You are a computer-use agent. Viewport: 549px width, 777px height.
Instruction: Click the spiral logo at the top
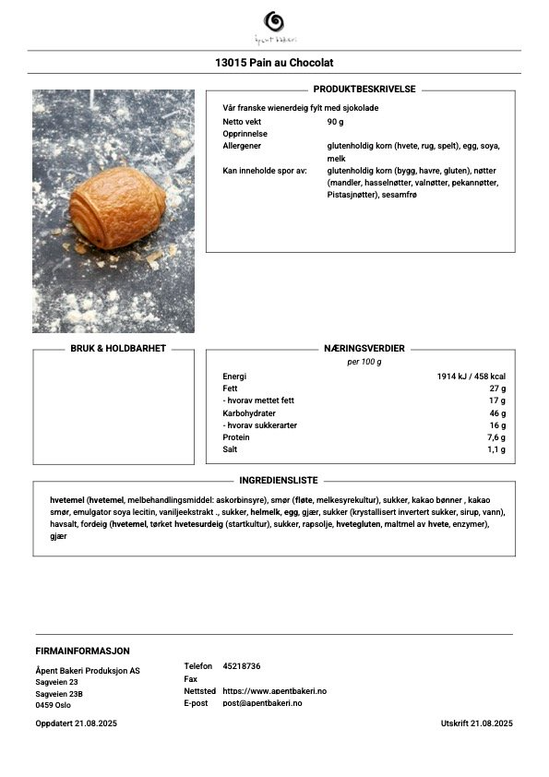[x=274, y=21]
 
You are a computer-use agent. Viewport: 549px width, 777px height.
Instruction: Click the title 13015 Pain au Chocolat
[x=274, y=63]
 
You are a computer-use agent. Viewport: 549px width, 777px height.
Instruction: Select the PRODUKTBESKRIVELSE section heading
[x=364, y=90]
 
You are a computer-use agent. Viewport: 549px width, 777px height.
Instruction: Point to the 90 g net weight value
[x=335, y=122]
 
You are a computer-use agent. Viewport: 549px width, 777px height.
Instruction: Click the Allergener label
[x=242, y=146]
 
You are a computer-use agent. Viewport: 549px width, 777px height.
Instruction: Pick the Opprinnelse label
[x=244, y=134]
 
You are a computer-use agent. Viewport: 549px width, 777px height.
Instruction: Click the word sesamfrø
[x=400, y=195]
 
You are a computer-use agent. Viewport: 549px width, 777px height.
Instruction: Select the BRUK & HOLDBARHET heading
[x=118, y=349]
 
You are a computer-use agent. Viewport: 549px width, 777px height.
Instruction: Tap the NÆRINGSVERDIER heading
[x=364, y=349]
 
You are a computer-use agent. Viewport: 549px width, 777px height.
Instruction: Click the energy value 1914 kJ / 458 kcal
[x=471, y=377]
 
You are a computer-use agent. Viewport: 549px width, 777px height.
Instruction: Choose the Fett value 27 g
[x=496, y=388]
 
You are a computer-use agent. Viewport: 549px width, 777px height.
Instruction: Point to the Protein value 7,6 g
[x=495, y=437]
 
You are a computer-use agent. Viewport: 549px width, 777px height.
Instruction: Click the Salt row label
[x=231, y=449]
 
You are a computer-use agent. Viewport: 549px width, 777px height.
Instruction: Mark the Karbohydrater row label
[x=249, y=413]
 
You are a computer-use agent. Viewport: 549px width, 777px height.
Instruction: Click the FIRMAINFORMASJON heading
[x=82, y=651]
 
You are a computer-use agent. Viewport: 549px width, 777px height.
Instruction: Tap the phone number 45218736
[x=242, y=666]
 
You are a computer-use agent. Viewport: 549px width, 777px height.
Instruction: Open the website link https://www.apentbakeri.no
[x=275, y=690]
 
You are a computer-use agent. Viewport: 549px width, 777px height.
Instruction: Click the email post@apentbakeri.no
[x=262, y=703]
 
